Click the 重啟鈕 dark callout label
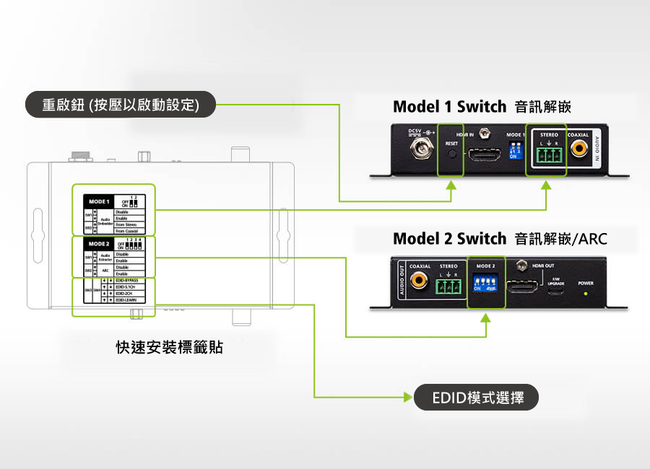[121, 105]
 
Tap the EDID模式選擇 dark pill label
[477, 397]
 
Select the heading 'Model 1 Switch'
[449, 107]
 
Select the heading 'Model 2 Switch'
[449, 238]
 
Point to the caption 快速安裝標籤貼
[170, 348]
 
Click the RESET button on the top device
[452, 154]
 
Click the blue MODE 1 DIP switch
[515, 152]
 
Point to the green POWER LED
[586, 294]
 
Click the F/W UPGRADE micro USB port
[555, 294]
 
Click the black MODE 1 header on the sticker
[99, 201]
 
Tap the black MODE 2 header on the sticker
[99, 245]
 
